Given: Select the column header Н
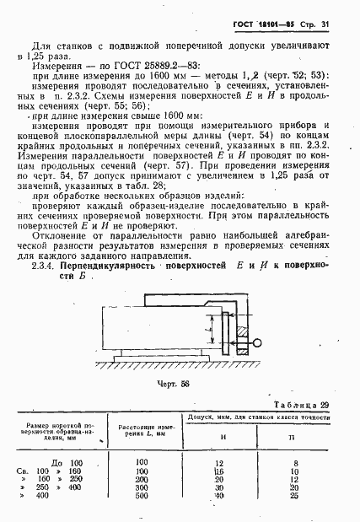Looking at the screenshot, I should coord(221,439).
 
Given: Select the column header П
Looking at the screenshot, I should coord(292,439).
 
